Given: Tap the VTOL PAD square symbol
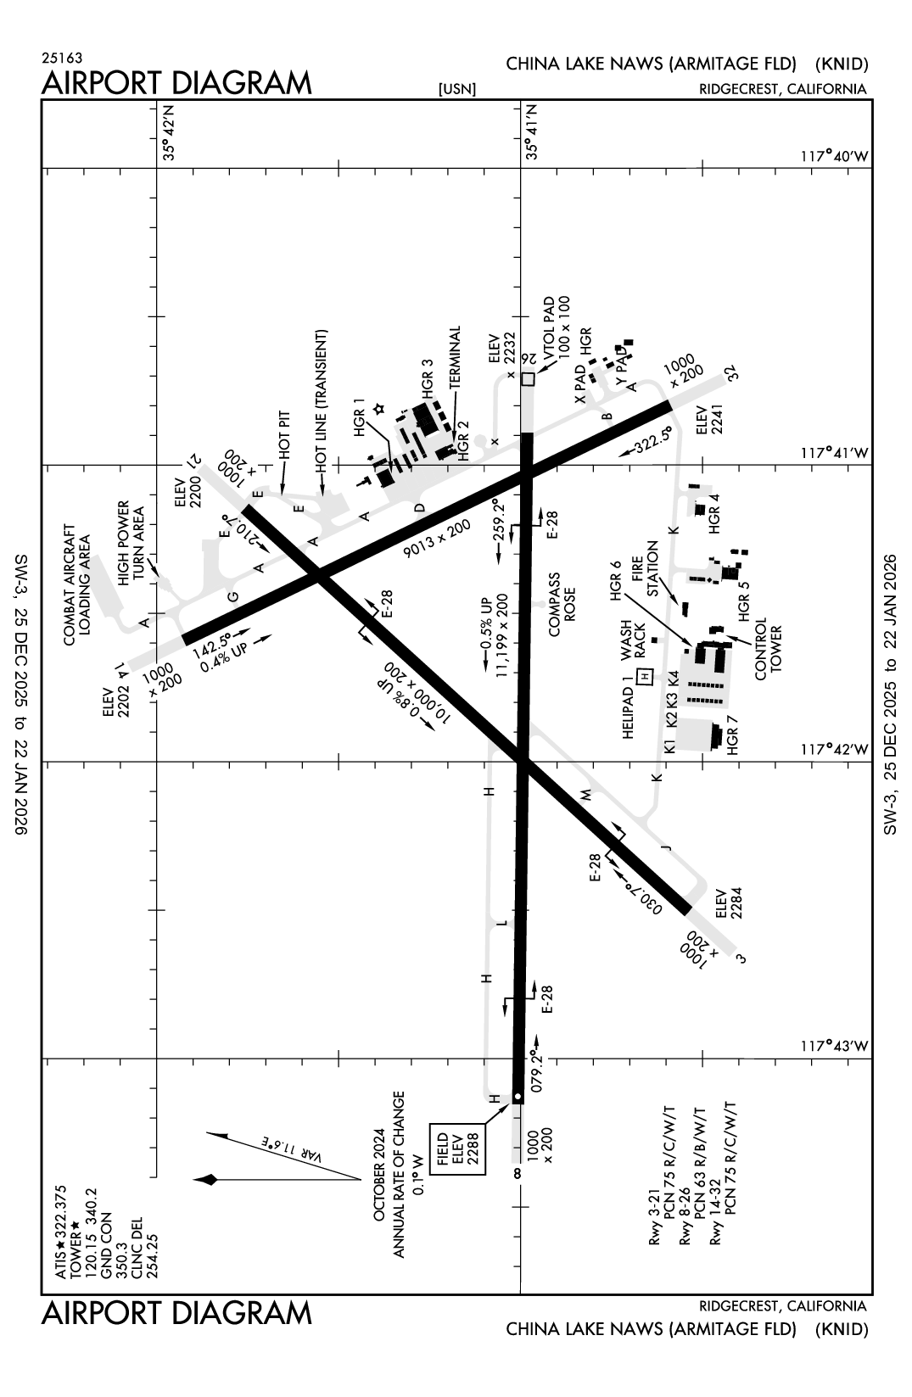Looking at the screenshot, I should [x=529, y=379].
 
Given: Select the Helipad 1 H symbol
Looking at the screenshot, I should [x=645, y=675].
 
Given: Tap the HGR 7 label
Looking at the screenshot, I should [x=734, y=735].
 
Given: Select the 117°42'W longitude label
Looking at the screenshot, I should [x=835, y=750].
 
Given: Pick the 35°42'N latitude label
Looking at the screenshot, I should [x=171, y=139].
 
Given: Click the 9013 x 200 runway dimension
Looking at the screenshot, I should [x=437, y=539].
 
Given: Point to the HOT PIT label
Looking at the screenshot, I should [x=283, y=435].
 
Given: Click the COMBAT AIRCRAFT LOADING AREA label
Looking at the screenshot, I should [x=78, y=584].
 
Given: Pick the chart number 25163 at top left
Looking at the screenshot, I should [x=62, y=59].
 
